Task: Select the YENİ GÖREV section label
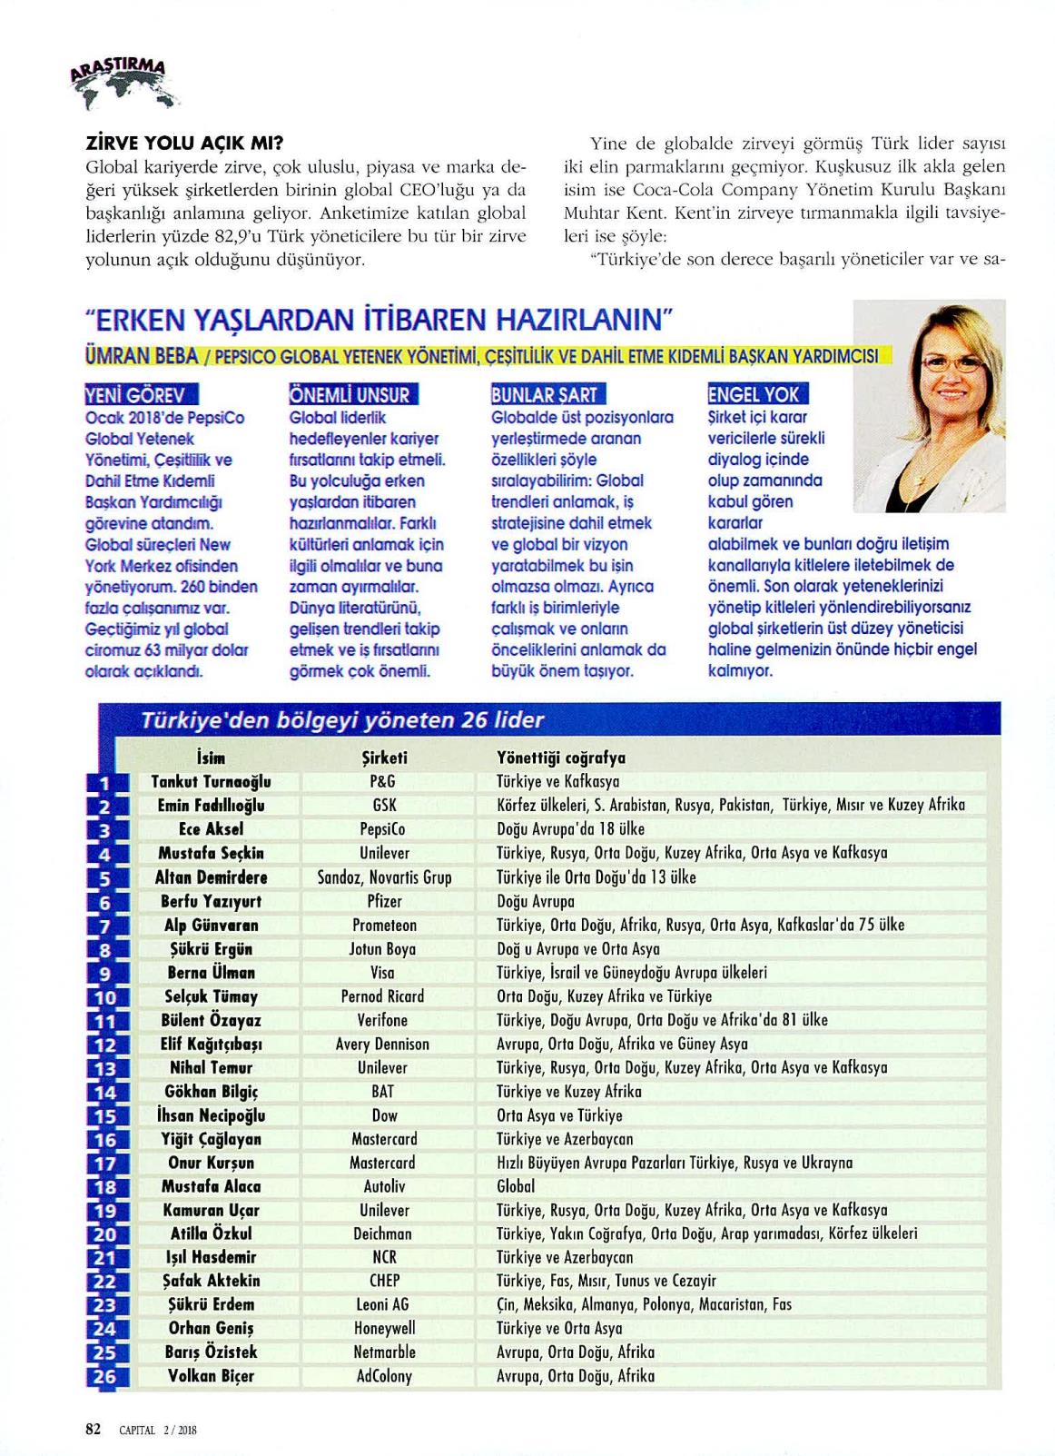point(135,395)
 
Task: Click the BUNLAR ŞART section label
point(545,395)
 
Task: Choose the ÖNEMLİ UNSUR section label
point(350,395)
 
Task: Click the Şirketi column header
point(385,758)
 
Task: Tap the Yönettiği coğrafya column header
point(561,758)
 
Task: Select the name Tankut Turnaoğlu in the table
point(211,781)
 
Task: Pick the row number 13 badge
point(105,1069)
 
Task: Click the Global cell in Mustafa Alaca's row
point(516,1186)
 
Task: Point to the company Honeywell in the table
point(384,1328)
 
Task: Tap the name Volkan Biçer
point(211,1376)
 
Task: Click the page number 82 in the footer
point(93,1429)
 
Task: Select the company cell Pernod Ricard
point(382,996)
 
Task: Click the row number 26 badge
point(105,1377)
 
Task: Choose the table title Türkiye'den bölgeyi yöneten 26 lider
point(342,720)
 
